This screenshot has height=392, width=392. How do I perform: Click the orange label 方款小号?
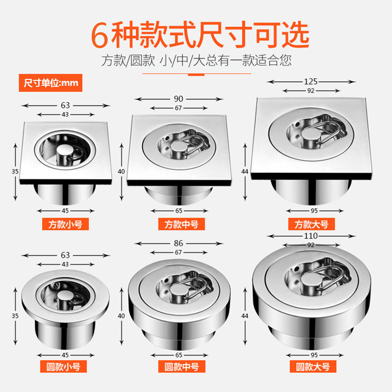pos(65,224)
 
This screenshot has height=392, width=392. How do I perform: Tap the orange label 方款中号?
pos(181,224)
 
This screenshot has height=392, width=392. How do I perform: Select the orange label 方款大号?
pos(312,224)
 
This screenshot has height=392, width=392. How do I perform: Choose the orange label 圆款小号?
pos(64,367)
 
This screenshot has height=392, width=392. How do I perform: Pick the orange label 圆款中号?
pos(182,367)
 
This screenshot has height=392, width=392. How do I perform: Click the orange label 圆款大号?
pos(313,367)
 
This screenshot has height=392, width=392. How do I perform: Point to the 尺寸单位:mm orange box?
pos(50,83)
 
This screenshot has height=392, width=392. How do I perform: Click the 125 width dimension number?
pos(311,81)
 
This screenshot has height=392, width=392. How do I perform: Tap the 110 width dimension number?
pos(311,236)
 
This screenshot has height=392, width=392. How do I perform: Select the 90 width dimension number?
pos(178,99)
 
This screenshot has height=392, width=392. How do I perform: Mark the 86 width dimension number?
pos(178,243)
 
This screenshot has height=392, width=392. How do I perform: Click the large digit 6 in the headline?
pos(99,35)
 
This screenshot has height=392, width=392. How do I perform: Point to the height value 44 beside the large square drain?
pos(245,171)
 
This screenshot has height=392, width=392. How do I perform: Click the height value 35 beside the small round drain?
pos(15,316)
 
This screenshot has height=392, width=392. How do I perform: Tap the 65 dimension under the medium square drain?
pos(179,211)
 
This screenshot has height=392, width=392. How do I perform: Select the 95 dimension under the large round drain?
pos(314,355)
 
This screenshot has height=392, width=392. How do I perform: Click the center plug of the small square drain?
pos(64,150)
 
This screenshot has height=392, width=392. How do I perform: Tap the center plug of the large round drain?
pos(310,280)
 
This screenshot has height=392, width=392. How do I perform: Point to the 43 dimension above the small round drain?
pos(65,264)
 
